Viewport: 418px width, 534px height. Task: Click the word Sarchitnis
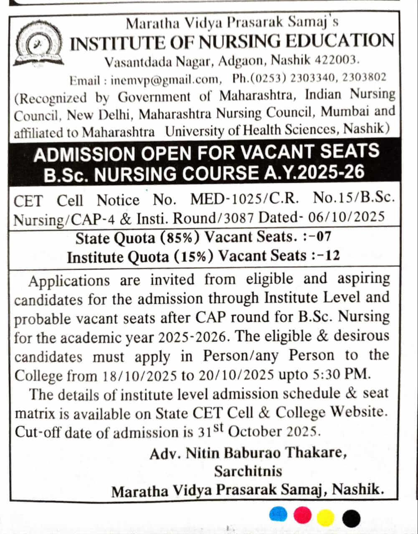click(x=248, y=471)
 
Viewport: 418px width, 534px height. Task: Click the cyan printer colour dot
click(x=279, y=515)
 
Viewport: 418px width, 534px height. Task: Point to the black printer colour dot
click(x=351, y=519)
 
